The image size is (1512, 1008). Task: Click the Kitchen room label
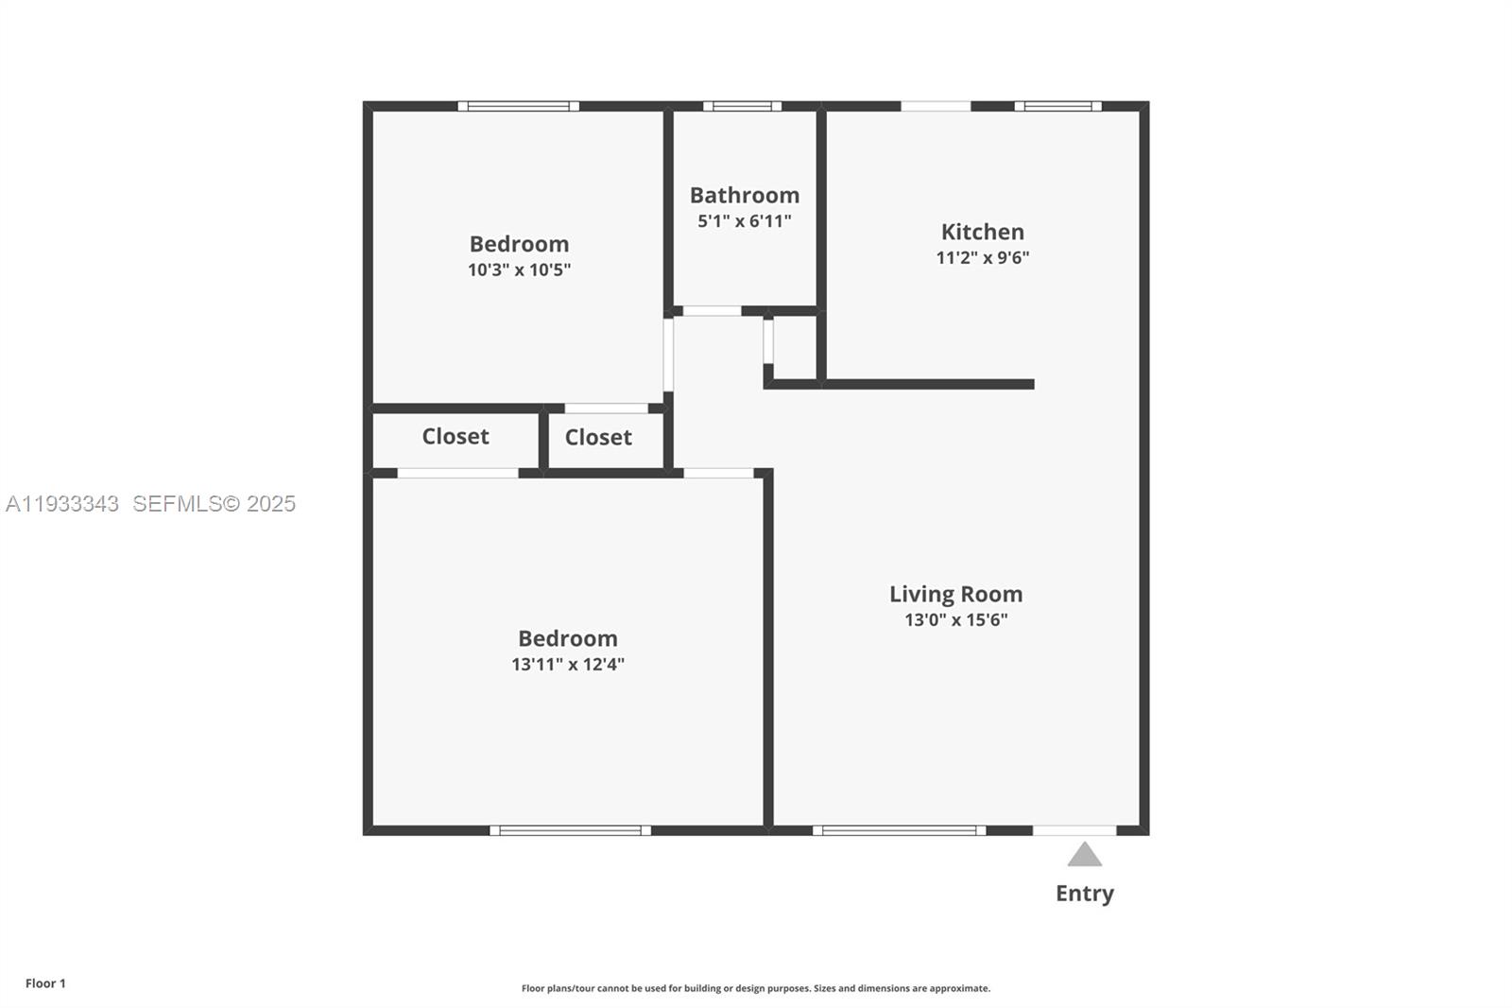coord(982,232)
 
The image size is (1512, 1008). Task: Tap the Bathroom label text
coord(745,195)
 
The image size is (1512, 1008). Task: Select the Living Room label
coord(955,594)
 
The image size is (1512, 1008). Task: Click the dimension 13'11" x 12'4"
coord(568,664)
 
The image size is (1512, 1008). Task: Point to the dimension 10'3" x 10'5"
coord(519,269)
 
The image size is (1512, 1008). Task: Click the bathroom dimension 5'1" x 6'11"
coord(745,221)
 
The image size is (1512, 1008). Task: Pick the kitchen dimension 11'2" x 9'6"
coord(982,257)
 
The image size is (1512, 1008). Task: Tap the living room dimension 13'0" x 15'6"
coord(955,620)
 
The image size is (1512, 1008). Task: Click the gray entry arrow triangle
coord(1085,855)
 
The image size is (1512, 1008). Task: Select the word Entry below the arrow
coord(1085,893)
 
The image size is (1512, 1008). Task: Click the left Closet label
coord(455,436)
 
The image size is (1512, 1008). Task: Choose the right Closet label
coord(598,437)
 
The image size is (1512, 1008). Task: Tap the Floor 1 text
coord(45,983)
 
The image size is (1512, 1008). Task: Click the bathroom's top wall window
coord(742,106)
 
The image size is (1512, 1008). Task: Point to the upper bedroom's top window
coord(519,106)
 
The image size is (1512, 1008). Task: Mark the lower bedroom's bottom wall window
coord(570,830)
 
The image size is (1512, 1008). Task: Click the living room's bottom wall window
coord(899,830)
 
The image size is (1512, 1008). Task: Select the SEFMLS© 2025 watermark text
coord(214,503)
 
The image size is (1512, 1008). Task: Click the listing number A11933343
coord(62,503)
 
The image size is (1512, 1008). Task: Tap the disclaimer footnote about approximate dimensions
coord(756,988)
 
